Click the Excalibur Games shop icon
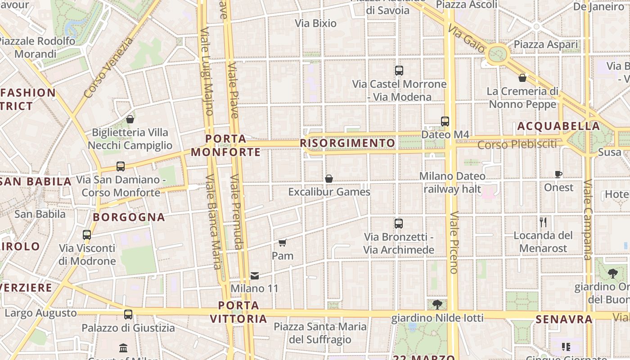(329, 179)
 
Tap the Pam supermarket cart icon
(282, 243)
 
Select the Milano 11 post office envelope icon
(255, 275)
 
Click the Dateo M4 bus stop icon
(445, 121)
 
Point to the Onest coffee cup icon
(558, 174)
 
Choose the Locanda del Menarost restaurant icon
(543, 222)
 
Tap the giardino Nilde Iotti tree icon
(437, 305)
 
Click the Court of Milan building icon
(123, 348)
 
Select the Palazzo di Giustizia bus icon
(128, 314)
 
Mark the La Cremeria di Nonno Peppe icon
(522, 78)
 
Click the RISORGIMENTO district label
(347, 143)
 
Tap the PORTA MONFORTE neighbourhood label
(226, 145)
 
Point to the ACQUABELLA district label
(558, 126)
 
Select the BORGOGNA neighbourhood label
(129, 217)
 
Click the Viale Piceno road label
(454, 242)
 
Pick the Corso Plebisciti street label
(517, 144)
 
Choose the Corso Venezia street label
(109, 67)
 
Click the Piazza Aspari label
(546, 45)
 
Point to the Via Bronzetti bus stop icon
(399, 223)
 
